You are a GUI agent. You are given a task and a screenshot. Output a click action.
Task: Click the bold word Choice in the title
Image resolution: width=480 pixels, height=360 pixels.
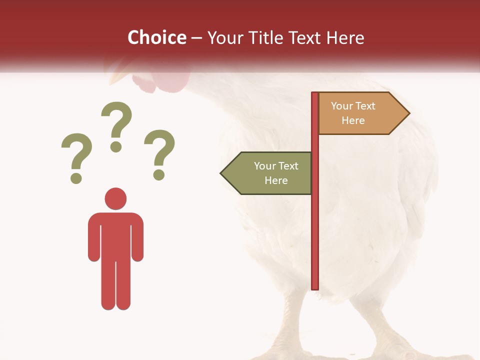point(156,37)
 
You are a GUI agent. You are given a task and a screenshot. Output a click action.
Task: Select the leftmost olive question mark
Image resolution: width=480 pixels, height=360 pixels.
point(76,155)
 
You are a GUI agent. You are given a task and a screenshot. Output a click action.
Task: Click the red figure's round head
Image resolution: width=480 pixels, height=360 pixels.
point(115,198)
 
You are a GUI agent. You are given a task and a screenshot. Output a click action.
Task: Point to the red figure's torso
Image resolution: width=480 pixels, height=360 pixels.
point(115,235)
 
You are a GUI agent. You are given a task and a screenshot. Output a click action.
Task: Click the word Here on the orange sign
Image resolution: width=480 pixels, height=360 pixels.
point(353,120)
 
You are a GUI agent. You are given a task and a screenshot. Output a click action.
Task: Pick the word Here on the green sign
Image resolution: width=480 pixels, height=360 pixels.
point(276,180)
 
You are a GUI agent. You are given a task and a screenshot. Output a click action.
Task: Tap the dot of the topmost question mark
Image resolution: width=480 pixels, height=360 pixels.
point(116,146)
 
